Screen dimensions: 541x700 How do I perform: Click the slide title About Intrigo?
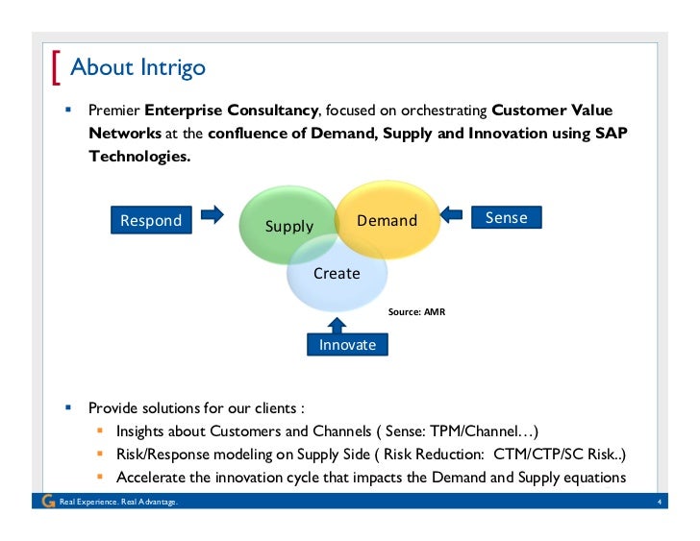pyautogui.click(x=137, y=68)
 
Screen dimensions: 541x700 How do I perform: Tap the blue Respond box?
pyautogui.click(x=151, y=220)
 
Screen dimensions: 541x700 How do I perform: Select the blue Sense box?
pyautogui.click(x=506, y=218)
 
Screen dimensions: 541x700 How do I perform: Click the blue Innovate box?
pyautogui.click(x=347, y=344)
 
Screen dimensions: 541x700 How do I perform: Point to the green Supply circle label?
pyautogui.click(x=289, y=226)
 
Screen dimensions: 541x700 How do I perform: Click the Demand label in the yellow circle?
pyautogui.click(x=387, y=220)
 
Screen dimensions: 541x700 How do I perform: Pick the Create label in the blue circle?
pyautogui.click(x=337, y=273)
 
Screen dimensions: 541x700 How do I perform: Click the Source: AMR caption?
pyautogui.click(x=416, y=311)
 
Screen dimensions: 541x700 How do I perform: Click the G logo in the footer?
pyautogui.click(x=49, y=502)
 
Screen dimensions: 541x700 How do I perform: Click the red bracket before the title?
pyautogui.click(x=57, y=68)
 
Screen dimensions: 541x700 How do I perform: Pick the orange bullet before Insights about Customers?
pyautogui.click(x=99, y=430)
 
